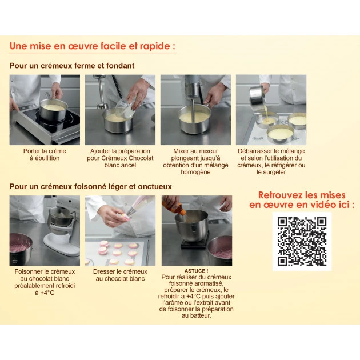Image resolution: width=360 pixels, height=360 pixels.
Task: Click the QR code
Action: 302,241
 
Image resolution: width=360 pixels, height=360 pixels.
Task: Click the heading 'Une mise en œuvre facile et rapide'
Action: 93,46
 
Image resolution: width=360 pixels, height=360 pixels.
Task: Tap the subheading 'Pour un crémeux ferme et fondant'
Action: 72,66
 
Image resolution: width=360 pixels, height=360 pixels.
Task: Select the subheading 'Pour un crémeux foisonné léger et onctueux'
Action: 91,186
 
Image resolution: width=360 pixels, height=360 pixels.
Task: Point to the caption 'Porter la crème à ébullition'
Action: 45,154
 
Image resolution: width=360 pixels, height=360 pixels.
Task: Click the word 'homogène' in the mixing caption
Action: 195,172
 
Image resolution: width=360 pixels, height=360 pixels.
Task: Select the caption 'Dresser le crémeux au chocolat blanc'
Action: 120,275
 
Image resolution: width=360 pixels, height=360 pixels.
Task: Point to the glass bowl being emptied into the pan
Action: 124,109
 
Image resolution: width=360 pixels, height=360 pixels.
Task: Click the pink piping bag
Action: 141,205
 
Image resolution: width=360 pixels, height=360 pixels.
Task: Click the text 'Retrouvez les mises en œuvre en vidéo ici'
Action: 302,200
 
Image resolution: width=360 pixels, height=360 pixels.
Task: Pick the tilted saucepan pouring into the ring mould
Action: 257,95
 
